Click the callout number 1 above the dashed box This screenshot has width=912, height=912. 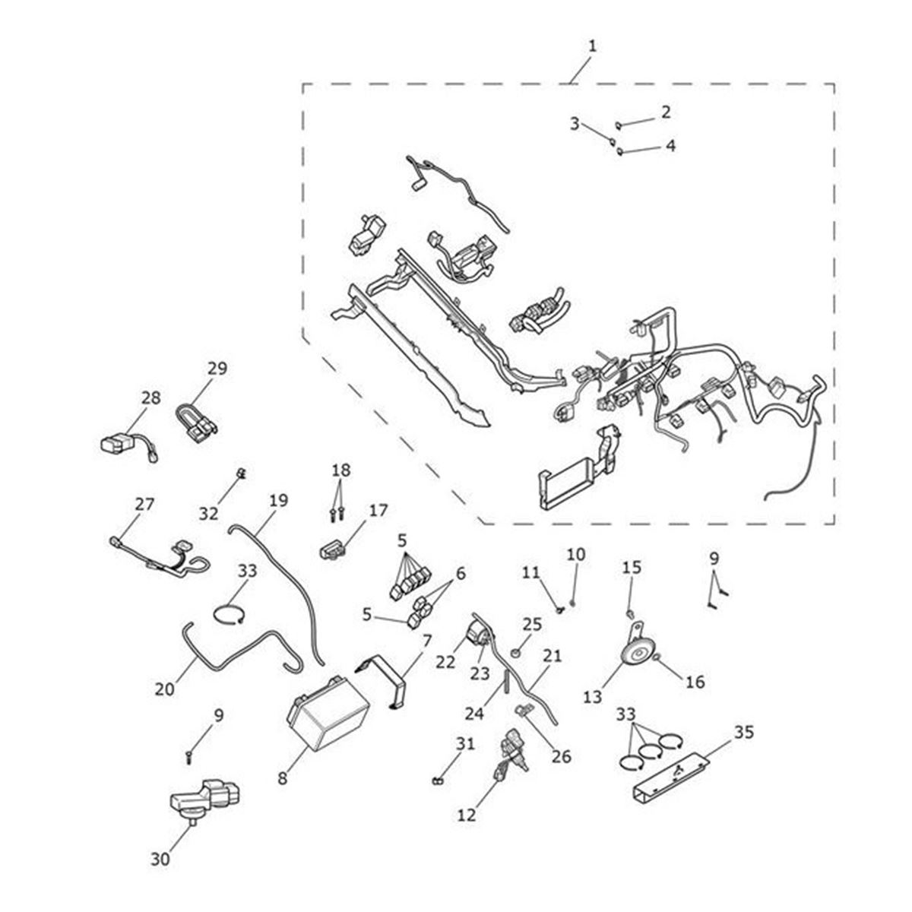[x=592, y=47]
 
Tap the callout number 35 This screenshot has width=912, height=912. [x=744, y=733]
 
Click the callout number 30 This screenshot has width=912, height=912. [x=160, y=860]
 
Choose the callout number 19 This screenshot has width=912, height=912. [x=279, y=500]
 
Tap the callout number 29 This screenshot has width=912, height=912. [x=217, y=369]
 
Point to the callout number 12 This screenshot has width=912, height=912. [x=467, y=815]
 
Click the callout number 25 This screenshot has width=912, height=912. [x=532, y=624]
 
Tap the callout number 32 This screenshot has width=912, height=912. [x=209, y=513]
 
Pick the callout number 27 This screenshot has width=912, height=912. [x=144, y=504]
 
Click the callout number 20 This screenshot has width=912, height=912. [x=165, y=689]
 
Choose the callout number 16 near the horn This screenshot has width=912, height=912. [x=695, y=682]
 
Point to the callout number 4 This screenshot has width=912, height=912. [x=670, y=144]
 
